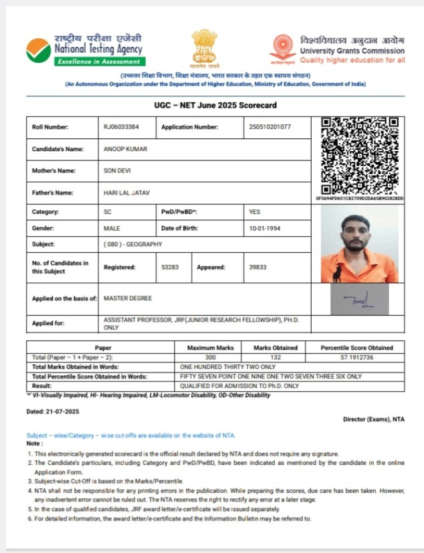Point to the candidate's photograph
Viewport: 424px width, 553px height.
pyautogui.click(x=359, y=243)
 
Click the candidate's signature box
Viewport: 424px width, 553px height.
pyautogui.click(x=359, y=299)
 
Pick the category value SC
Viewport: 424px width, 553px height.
pyautogui.click(x=108, y=211)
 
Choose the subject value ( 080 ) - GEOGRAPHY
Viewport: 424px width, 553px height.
pyautogui.click(x=133, y=245)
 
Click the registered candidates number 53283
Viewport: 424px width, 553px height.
pyautogui.click(x=171, y=267)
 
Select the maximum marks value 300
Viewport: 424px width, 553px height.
pyautogui.click(x=210, y=358)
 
